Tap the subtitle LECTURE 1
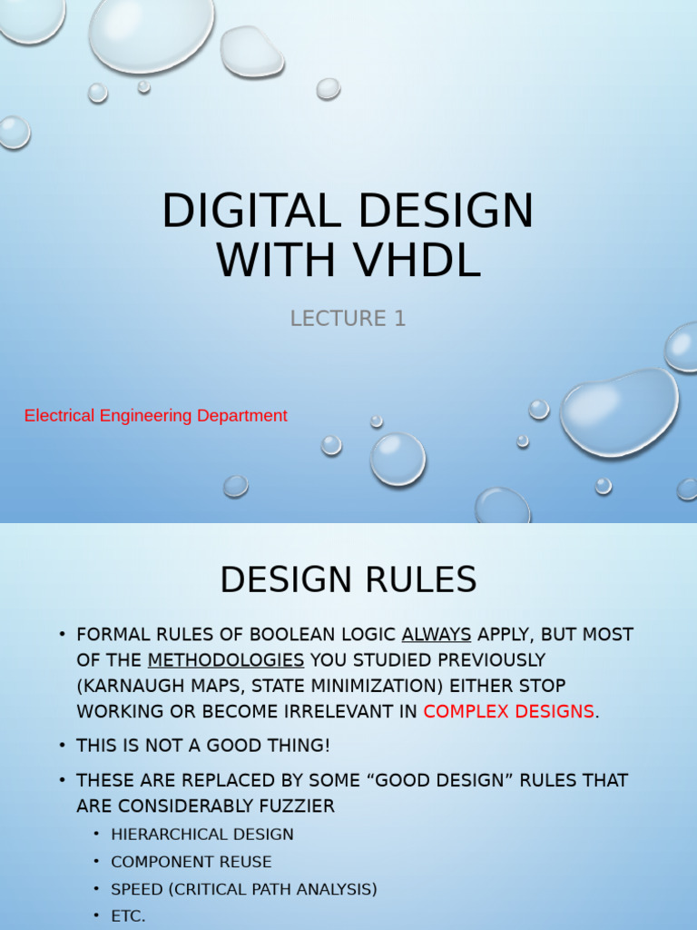(348, 319)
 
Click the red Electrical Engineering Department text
(155, 416)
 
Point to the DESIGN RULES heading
(348, 579)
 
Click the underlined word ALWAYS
(436, 634)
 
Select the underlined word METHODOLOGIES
(226, 659)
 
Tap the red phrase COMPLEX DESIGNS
(508, 711)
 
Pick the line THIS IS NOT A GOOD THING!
(203, 746)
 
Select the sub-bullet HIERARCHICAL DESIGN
(202, 834)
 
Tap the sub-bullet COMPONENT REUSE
(191, 862)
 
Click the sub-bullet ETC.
(128, 916)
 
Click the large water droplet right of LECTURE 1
(619, 411)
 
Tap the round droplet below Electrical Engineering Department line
(398, 458)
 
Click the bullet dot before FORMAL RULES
(62, 634)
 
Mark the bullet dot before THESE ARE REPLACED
(62, 780)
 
